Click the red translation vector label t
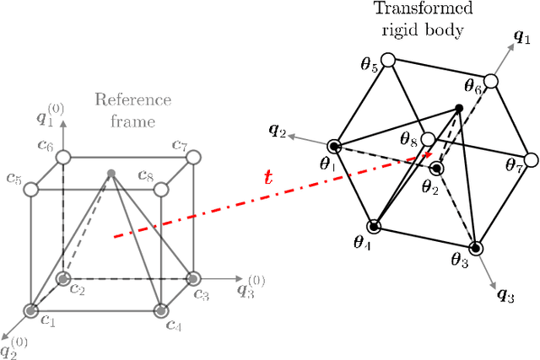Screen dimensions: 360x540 tap(269, 178)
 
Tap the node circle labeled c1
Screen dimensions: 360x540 tap(31, 312)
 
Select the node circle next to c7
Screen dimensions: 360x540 tap(194, 157)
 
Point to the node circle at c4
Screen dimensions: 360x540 tap(161, 312)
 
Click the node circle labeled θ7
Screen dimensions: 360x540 tap(531, 159)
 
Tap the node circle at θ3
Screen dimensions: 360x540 tap(476, 248)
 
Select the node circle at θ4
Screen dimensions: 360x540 tap(375, 226)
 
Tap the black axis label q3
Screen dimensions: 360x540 tap(505, 294)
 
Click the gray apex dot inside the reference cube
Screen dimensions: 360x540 tap(111, 175)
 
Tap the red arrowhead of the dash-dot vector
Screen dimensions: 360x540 tap(430, 154)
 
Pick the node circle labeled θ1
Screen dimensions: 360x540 tap(334, 147)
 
